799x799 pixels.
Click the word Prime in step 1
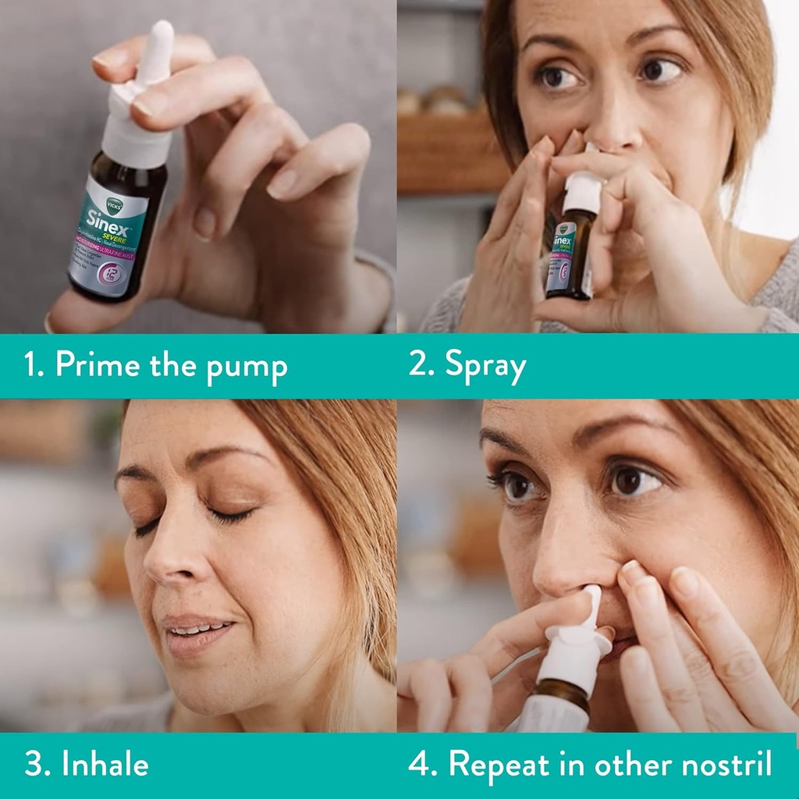coord(93,365)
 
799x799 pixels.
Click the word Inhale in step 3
coord(105,764)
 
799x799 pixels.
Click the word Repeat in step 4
coord(499,765)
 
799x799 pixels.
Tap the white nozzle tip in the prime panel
coord(162,39)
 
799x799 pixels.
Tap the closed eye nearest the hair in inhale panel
coord(230,514)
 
